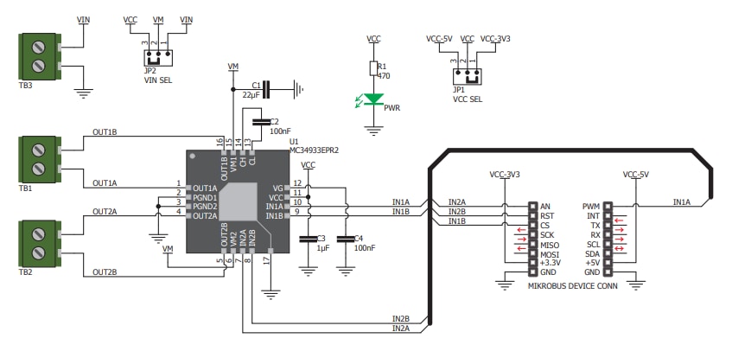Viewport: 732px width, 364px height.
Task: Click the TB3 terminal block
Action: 38,56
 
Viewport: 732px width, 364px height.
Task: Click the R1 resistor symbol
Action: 373,69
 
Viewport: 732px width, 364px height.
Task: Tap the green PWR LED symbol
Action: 373,99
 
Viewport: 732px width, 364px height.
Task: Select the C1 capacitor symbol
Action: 266,87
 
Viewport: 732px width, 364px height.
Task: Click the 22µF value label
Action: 251,95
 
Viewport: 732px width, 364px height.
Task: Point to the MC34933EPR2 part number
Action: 314,149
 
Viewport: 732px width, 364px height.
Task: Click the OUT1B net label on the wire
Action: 104,132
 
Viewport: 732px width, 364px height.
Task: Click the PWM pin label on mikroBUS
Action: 591,206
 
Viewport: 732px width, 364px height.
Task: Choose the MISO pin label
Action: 549,244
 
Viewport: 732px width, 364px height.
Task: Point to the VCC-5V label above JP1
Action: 439,39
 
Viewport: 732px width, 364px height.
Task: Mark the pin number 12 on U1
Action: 297,183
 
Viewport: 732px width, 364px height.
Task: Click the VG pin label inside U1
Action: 277,188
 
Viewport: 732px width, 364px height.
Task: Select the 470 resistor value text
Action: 385,76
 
